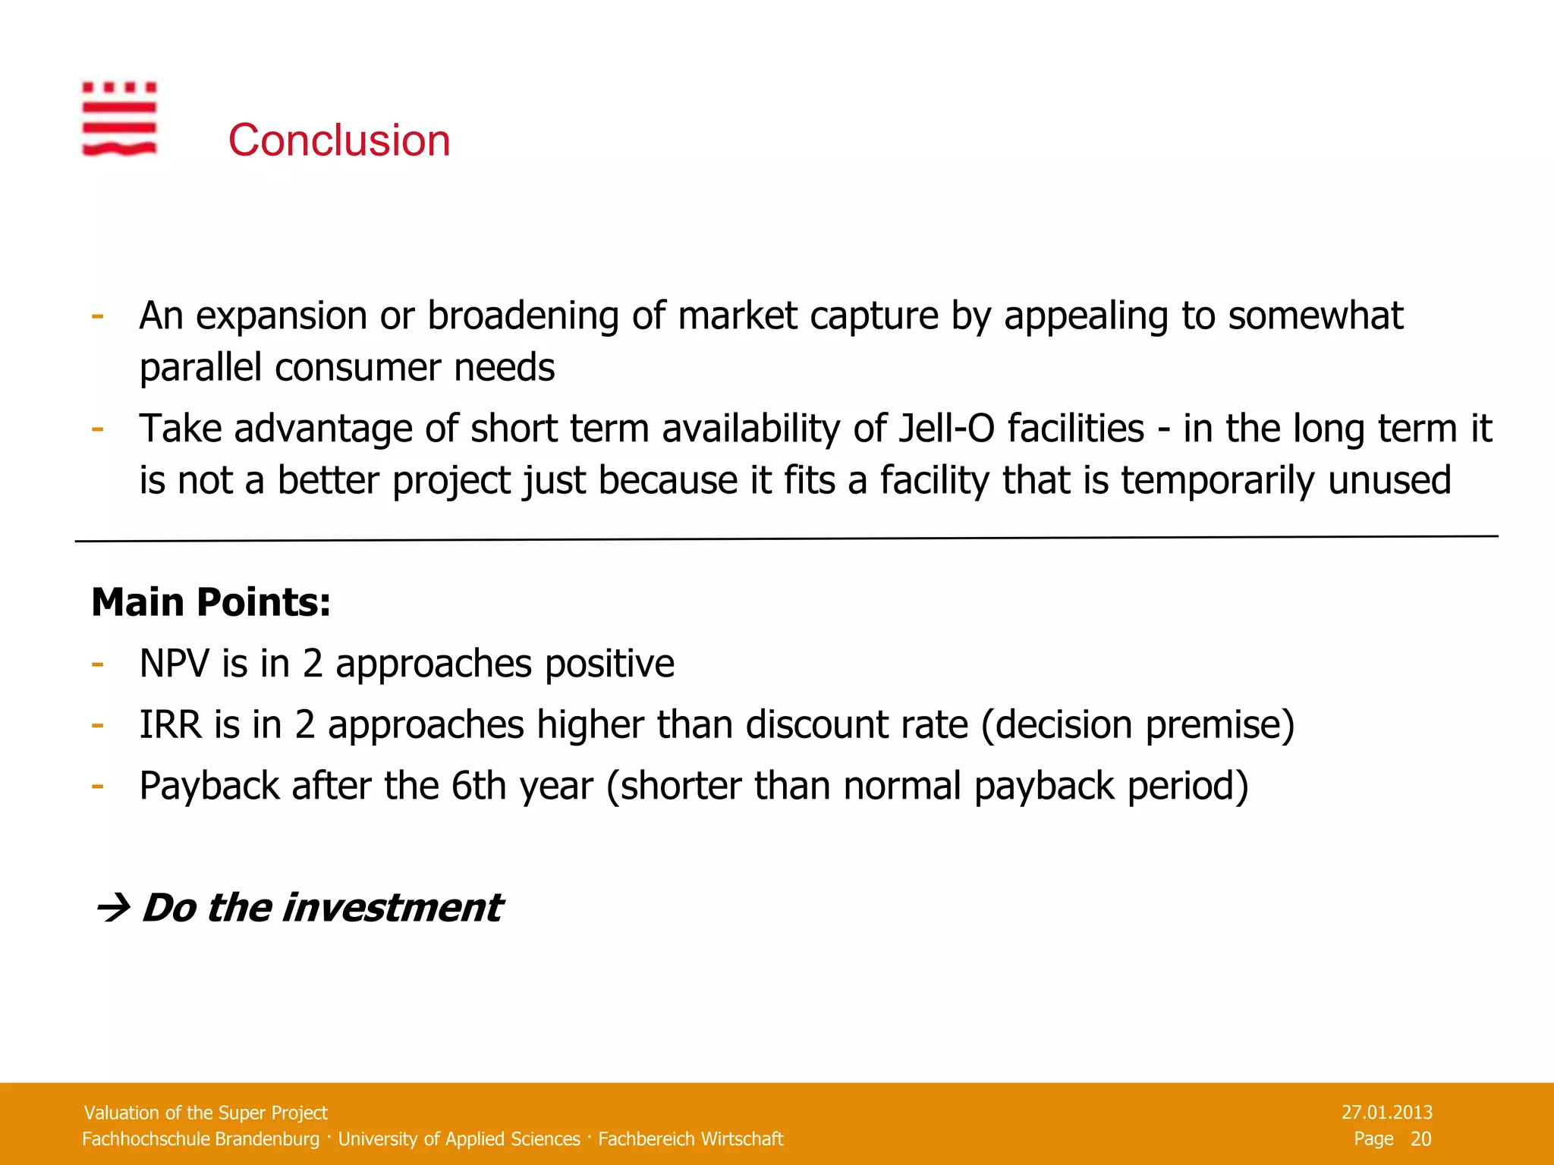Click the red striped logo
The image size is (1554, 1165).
[119, 118]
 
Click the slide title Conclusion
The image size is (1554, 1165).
[339, 140]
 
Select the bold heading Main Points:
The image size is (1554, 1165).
[211, 602]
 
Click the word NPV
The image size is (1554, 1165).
[174, 664]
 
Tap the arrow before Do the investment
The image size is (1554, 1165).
[113, 908]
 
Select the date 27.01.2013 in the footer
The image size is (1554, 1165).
[1386, 1113]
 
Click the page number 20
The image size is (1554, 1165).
[1420, 1138]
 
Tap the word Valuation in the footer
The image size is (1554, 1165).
[121, 1113]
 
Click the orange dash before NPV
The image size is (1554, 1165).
[97, 664]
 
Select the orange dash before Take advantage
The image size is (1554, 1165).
[97, 429]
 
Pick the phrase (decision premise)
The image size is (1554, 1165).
[1137, 725]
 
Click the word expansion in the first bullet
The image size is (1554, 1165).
[282, 316]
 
